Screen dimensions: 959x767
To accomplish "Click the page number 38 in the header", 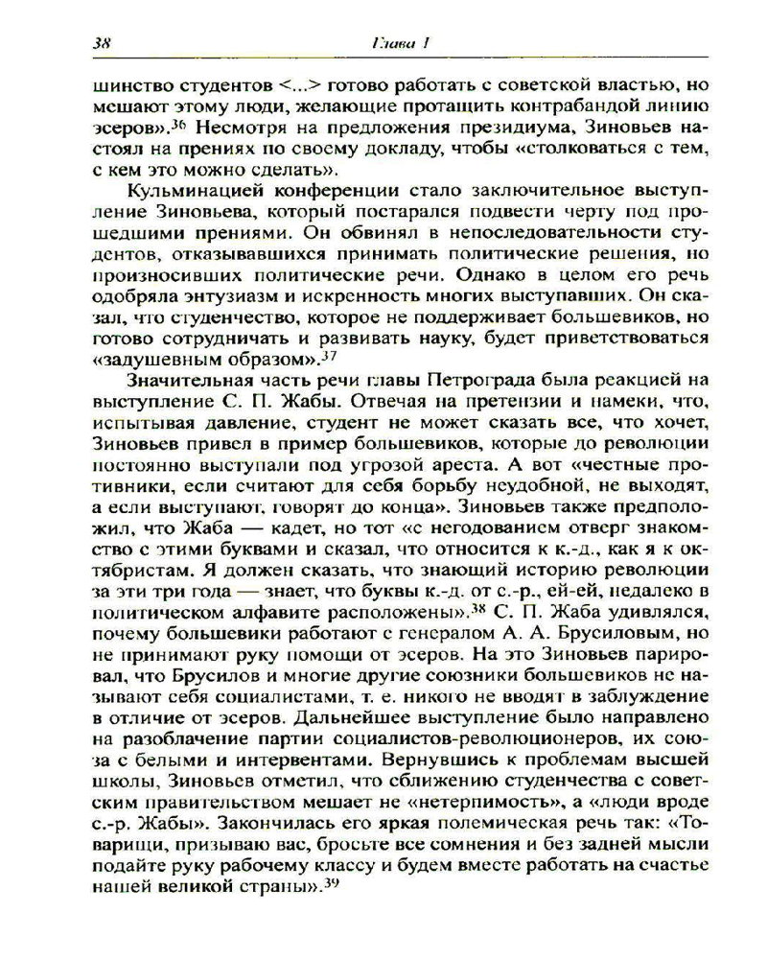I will (x=104, y=43).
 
